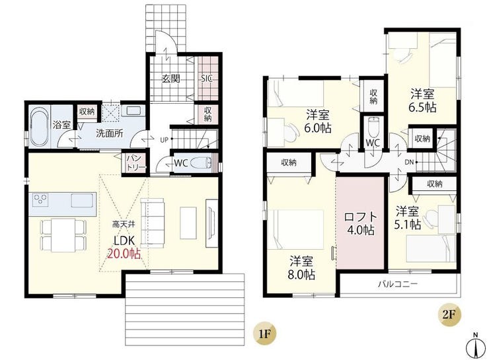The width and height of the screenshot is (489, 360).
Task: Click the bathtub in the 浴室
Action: pyautogui.click(x=40, y=127)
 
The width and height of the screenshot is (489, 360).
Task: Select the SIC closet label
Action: pyautogui.click(x=206, y=79)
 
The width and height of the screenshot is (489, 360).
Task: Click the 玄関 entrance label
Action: pyautogui.click(x=170, y=79)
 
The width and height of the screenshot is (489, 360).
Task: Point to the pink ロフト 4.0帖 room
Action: pyautogui.click(x=361, y=223)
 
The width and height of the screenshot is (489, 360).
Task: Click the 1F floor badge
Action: pyautogui.click(x=264, y=334)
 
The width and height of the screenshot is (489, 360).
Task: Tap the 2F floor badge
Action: pyautogui.click(x=449, y=314)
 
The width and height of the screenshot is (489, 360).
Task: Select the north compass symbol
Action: pyautogui.click(x=476, y=346)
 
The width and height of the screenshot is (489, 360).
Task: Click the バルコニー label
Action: pyautogui.click(x=398, y=284)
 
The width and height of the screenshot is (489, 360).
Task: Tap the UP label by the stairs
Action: pyautogui.click(x=165, y=140)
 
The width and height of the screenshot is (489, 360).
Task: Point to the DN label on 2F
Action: pyautogui.click(x=409, y=162)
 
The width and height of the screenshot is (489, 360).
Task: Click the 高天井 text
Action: pyautogui.click(x=124, y=224)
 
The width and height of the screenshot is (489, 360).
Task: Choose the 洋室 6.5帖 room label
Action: pyautogui.click(x=422, y=100)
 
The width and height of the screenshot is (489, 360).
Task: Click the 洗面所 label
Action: pyautogui.click(x=110, y=133)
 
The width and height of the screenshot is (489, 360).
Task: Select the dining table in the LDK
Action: pyautogui.click(x=63, y=235)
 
